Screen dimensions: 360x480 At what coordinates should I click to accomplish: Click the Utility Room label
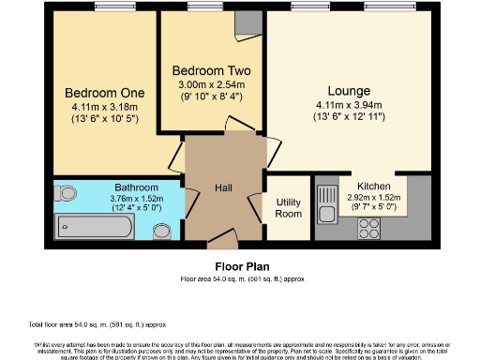(x=287, y=207)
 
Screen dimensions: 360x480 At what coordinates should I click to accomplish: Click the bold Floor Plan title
(x=239, y=266)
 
